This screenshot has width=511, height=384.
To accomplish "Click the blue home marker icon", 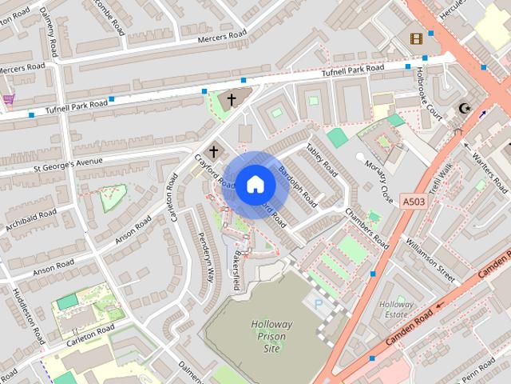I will coord(255,185).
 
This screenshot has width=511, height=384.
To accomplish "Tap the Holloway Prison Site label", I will coord(271,337).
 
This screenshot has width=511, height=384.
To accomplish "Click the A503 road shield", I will coord(412,201).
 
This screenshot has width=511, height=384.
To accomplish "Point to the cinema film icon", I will coord(415,38).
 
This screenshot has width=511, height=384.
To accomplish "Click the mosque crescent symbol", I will coord(461,109).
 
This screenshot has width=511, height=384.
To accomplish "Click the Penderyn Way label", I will coord(207,257).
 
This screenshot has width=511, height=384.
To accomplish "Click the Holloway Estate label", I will coord(397,310).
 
